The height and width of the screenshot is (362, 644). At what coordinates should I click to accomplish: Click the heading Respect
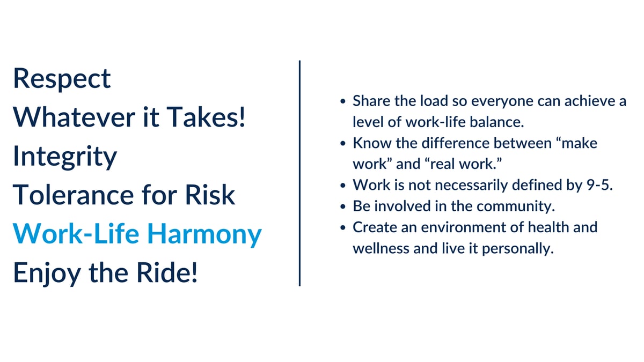coord(62,79)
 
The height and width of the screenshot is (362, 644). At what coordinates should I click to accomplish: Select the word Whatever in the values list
coord(74,117)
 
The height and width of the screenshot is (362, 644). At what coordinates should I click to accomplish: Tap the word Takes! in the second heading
coord(206,117)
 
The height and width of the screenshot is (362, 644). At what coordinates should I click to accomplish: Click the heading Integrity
coord(65,157)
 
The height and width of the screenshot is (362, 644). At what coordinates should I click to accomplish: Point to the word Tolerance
coord(74,195)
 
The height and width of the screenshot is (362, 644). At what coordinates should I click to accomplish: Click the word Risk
coord(210,195)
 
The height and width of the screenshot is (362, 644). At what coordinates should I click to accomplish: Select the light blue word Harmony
coord(204,235)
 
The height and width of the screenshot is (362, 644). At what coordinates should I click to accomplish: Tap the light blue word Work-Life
coord(76,234)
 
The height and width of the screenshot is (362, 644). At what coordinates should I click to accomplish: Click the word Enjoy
coord(47,274)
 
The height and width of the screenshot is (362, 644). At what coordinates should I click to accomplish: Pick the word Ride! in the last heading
coord(167,272)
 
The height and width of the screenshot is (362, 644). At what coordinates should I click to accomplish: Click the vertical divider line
coord(299,173)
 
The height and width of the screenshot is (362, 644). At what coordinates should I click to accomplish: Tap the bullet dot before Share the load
coord(343,101)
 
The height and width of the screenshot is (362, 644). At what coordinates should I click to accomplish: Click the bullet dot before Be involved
coord(343,206)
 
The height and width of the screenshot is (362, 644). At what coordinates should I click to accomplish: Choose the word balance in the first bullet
coord(497,122)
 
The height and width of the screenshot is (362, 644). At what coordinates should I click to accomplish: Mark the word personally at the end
coord(518,249)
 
